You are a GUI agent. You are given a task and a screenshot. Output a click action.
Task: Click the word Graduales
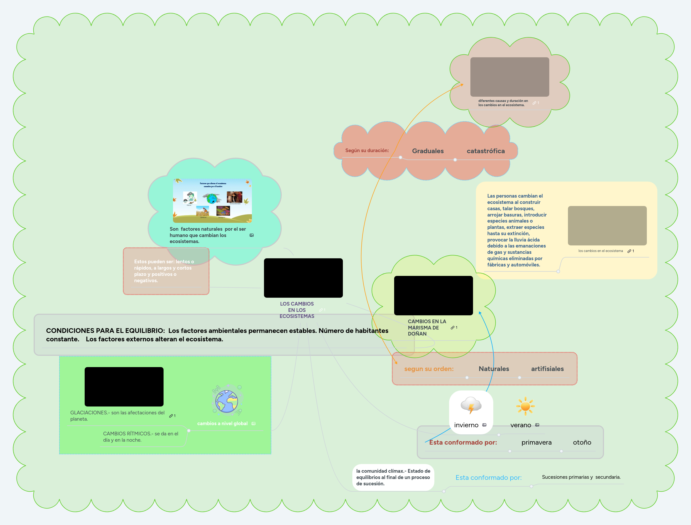428,151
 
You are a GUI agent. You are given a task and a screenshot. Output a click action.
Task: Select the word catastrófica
486,151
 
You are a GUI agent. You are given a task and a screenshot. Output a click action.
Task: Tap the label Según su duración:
367,150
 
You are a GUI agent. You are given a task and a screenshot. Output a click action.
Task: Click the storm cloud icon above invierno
471,405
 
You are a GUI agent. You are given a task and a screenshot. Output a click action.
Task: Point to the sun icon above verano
525,406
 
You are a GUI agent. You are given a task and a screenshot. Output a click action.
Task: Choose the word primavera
536,442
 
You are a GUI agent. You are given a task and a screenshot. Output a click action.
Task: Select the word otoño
582,442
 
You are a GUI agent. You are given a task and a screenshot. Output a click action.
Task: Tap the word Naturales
494,369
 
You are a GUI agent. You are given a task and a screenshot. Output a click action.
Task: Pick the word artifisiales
547,369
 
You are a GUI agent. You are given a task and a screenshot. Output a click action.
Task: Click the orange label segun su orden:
429,369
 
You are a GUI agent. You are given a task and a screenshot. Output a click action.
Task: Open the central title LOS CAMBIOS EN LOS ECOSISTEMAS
297,310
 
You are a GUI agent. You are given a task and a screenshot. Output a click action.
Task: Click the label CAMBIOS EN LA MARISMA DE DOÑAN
427,327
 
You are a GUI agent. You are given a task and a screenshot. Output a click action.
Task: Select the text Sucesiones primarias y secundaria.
581,477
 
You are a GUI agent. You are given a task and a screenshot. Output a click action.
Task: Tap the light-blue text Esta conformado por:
488,477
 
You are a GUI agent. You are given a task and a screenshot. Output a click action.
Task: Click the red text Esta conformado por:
463,442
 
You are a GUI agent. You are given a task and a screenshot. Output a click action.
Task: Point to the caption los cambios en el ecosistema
600,251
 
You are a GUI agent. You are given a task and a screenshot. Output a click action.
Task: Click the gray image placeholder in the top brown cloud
510,77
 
